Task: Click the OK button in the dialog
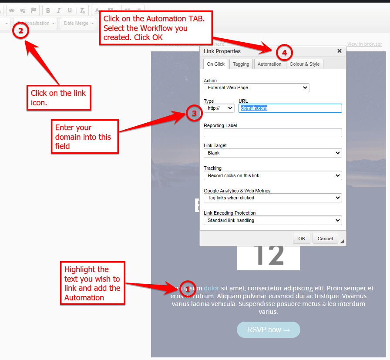302,239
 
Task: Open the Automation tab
269,64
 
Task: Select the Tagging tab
241,64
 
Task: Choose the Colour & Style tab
305,64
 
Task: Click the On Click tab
216,64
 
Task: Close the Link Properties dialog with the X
340,51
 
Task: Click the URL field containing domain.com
290,108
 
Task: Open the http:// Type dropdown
219,108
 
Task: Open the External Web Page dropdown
256,87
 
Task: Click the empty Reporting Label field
272,133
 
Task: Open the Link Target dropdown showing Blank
272,153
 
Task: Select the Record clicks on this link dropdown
272,175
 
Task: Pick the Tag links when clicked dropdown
272,198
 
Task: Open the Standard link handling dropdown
272,220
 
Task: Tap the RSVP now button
269,330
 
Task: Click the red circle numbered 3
195,114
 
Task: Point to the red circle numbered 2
20,31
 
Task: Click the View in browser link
364,44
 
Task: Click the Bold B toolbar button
48,11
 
